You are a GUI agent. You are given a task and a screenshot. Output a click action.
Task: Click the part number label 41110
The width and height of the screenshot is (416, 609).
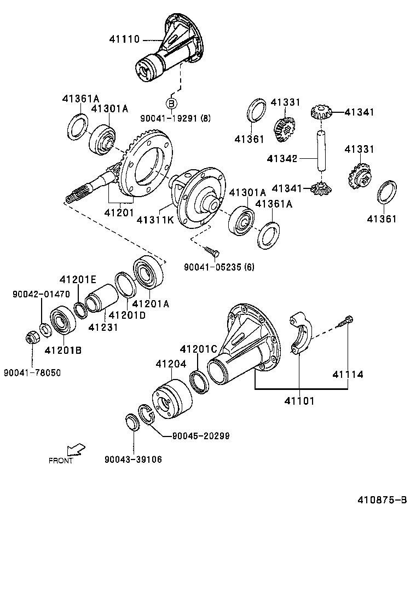124,39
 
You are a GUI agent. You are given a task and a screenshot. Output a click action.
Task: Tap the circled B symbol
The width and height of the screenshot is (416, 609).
171,103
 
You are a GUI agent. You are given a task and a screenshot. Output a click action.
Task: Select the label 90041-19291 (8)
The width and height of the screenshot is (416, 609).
175,118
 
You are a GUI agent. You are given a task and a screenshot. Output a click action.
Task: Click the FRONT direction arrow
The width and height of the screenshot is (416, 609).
75,450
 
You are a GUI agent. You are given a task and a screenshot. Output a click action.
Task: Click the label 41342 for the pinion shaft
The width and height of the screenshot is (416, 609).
282,159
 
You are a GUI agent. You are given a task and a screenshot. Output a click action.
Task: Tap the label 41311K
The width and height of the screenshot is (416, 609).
155,220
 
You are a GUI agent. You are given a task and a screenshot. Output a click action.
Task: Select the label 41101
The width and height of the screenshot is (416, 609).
299,401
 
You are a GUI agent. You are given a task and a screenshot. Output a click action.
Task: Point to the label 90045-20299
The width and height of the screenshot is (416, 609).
200,436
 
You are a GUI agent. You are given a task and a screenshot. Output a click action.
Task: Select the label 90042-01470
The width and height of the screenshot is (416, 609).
41,294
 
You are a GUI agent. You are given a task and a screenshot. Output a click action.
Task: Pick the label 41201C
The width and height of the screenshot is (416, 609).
199,349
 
